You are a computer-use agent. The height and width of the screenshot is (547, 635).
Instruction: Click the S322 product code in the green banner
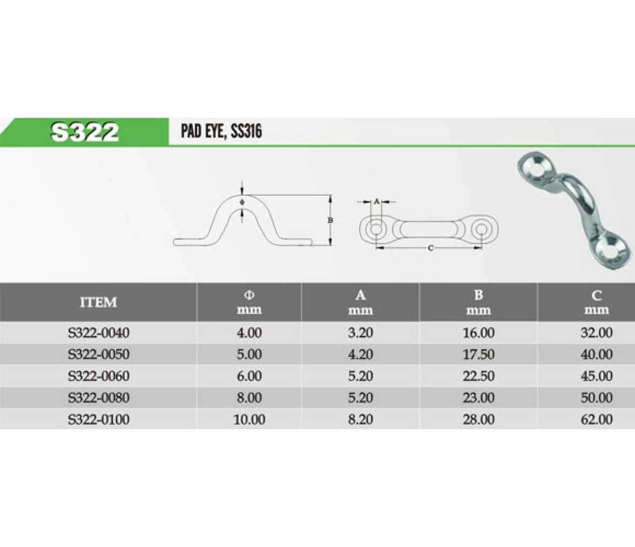point(85,132)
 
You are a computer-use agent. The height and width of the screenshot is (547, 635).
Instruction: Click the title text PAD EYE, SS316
point(221,131)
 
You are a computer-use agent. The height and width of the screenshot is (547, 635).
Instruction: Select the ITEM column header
point(98,303)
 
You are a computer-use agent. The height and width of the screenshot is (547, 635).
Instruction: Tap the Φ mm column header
point(249,303)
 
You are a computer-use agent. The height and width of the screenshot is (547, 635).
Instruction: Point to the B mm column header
point(478,303)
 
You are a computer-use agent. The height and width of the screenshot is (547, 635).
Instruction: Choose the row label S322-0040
point(99,333)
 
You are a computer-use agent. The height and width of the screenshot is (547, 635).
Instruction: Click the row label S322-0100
point(99,419)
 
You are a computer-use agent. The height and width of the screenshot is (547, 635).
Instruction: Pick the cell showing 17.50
point(478,355)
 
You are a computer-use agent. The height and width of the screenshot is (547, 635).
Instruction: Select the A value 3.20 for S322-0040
point(361,333)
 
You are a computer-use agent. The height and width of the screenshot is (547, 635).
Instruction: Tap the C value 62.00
point(597,419)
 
